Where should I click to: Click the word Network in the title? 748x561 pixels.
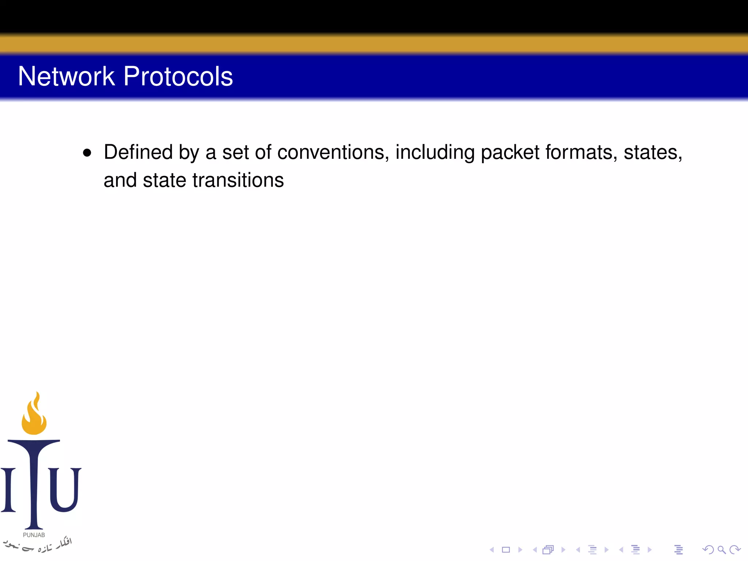66,76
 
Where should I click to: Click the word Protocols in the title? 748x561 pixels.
178,76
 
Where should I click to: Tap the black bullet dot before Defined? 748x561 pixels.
87,153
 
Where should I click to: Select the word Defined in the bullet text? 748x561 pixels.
138,152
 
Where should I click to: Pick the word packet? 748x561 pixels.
510,153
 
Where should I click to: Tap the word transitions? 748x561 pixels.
238,180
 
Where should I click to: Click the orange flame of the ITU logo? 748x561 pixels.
34,415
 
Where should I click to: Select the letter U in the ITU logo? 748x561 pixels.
64,489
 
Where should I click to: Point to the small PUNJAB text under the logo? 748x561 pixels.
34,535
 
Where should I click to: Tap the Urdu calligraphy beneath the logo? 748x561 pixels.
38,545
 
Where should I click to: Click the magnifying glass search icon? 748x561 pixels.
721,550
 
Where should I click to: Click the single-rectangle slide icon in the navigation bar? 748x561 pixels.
506,550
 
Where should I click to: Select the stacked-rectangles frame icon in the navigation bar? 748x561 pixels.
548,550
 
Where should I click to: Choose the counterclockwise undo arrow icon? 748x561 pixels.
708,550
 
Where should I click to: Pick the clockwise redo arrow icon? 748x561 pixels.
734,550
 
